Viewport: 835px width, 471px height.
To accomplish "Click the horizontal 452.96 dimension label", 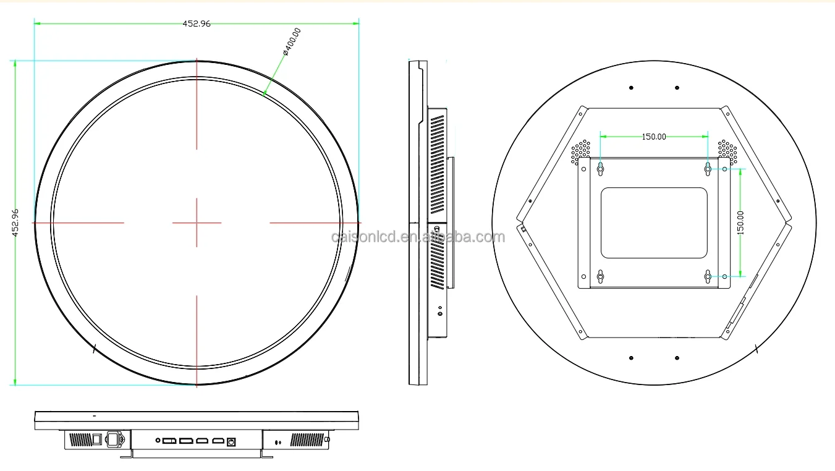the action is click(197, 23).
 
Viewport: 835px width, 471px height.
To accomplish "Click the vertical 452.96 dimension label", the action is click(15, 223).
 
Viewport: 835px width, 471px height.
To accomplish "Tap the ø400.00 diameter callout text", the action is click(292, 41).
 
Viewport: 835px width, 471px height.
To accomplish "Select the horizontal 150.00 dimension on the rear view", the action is click(654, 137).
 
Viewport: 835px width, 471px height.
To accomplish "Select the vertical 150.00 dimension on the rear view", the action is click(740, 223).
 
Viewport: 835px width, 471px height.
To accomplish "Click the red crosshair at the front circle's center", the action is click(197, 223).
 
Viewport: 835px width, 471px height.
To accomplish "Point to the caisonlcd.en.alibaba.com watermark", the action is click(418, 237).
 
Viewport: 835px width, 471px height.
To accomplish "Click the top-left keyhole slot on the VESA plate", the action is click(600, 169).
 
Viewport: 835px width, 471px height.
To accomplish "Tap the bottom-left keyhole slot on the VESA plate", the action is click(600, 276).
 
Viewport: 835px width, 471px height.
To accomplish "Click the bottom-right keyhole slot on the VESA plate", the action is click(708, 276).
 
